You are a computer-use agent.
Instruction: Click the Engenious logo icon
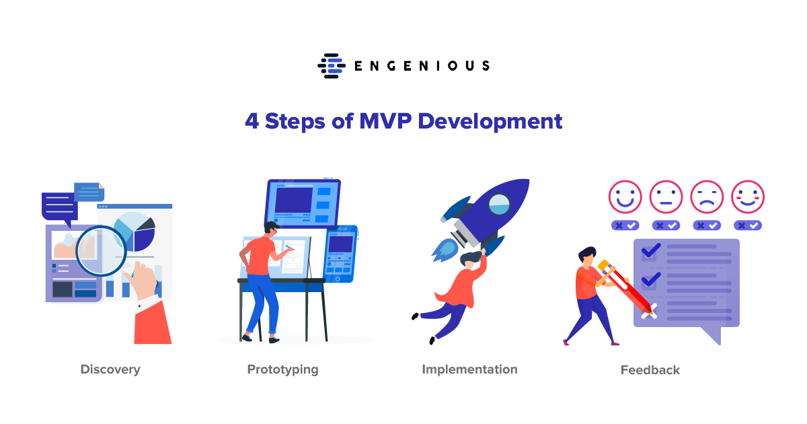332,66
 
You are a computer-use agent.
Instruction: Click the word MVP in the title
385,120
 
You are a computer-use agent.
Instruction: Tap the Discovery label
110,369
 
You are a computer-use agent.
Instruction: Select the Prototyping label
283,369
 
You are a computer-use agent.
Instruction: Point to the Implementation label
470,369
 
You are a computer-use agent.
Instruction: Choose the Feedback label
650,370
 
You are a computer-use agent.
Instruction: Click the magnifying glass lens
102,251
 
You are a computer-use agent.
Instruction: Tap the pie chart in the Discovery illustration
134,232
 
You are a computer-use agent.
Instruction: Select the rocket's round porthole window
499,204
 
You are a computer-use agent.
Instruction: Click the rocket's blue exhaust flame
445,250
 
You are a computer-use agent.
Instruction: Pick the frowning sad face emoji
707,197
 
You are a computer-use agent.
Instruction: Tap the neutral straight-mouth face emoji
666,197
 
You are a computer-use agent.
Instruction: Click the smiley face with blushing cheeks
748,197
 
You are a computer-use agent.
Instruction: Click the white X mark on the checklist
649,311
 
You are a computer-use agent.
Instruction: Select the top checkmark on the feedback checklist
651,250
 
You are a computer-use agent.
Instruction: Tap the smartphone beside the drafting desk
340,254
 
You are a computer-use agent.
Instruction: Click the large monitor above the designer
303,203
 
